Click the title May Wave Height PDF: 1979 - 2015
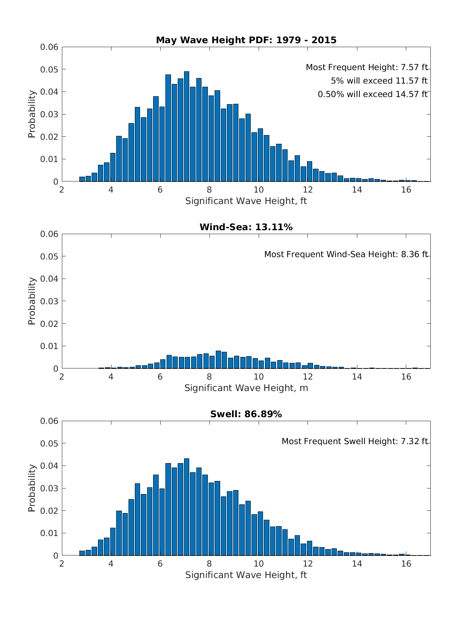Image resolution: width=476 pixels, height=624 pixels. click(246, 40)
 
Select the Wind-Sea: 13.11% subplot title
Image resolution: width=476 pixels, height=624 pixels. click(246, 227)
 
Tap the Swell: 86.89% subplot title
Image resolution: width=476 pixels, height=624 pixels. click(246, 414)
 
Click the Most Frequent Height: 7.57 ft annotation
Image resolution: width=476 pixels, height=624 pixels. click(367, 68)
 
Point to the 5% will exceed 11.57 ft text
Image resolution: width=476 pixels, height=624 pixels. click(379, 81)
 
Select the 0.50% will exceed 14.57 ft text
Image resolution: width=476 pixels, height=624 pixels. click(372, 94)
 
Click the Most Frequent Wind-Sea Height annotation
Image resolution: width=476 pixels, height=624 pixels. click(346, 254)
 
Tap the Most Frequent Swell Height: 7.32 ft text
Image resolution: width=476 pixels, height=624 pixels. click(355, 441)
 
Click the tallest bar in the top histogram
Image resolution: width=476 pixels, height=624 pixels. click(186, 127)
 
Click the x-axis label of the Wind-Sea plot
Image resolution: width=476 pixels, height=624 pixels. click(246, 388)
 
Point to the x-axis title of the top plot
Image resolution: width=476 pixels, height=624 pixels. click(246, 201)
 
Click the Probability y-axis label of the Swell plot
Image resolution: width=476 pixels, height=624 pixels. click(32, 488)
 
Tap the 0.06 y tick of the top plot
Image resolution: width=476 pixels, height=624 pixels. click(49, 47)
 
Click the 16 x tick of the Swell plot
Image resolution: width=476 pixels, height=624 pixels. click(406, 564)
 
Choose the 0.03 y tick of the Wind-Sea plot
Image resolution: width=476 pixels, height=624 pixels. click(49, 301)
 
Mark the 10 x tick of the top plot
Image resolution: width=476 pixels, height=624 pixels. click(258, 190)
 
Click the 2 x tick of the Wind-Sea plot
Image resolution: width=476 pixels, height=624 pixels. click(62, 377)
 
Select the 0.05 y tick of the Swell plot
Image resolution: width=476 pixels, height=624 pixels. click(49, 443)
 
